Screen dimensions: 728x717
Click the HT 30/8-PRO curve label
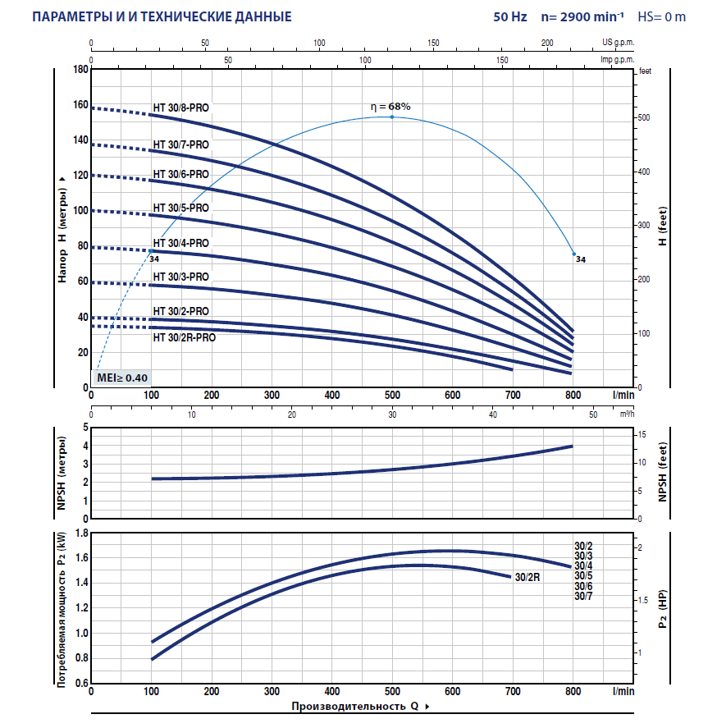(180, 108)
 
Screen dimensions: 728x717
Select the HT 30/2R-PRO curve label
(184, 337)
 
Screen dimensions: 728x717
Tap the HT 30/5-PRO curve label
(180, 208)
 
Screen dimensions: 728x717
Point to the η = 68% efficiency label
(390, 107)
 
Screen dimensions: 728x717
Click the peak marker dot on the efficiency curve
(392, 117)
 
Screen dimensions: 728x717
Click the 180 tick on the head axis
(80, 70)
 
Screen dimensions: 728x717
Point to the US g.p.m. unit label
(619, 43)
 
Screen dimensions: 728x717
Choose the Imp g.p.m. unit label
(618, 60)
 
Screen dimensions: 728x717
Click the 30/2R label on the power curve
(527, 577)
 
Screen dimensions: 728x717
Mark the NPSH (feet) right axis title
(663, 473)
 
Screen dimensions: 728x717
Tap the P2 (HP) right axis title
(663, 607)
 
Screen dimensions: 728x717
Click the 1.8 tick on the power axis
(80, 533)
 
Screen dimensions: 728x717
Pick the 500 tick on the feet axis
(644, 118)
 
